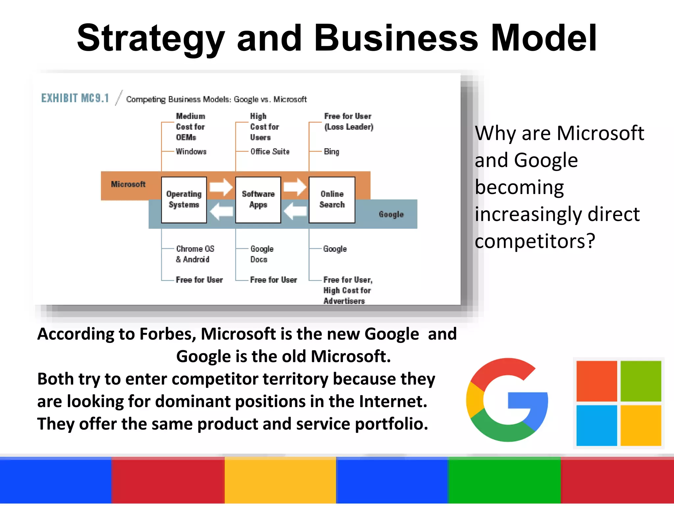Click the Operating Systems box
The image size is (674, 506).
pos(184,200)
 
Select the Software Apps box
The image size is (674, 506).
pos(258,200)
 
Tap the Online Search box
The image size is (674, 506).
pos(332,200)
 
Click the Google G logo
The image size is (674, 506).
pos(507,400)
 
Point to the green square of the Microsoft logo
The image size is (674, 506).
pos(641,381)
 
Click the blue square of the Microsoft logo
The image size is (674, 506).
pos(596,425)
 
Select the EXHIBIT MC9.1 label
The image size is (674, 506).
pos(75,98)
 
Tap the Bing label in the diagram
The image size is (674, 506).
pos(331,152)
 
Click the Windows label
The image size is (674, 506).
pos(191,152)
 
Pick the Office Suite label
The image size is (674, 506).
pos(270,152)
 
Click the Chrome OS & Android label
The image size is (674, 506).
pos(195,254)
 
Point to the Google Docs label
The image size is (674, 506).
pos(262,254)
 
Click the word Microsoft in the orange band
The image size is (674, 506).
pos(128,184)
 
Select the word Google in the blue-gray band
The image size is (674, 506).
pos(391,214)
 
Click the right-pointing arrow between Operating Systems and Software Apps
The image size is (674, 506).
pos(221,187)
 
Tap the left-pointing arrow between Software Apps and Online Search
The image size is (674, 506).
pos(295,211)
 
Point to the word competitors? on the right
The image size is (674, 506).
pos(535,241)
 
